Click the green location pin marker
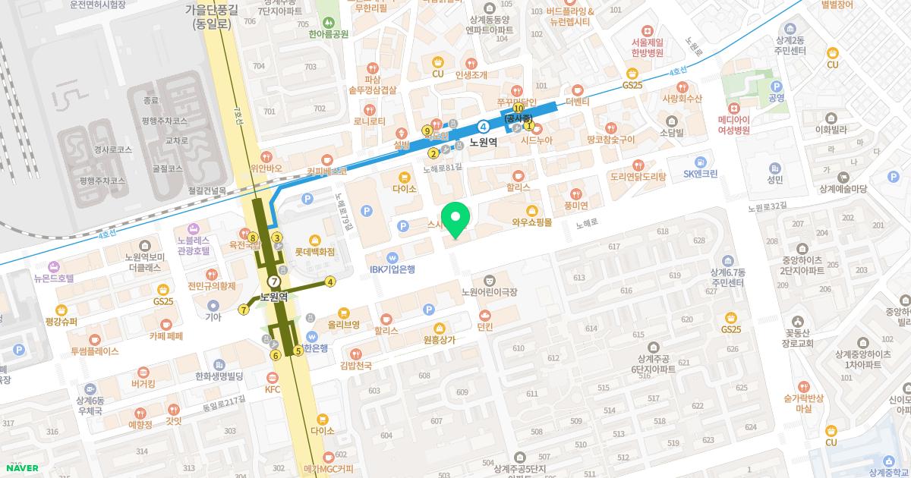coord(455,219)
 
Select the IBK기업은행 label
coord(392,269)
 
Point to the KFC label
coord(273,389)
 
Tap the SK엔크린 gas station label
coord(700,173)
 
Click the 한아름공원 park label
coord(328,33)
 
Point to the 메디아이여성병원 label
coord(733,124)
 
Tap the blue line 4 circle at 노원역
coord(483,126)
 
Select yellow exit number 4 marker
coord(330,282)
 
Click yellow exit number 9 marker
coord(427,131)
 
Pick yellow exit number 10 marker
coord(518,109)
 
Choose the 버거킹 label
coord(143,384)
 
